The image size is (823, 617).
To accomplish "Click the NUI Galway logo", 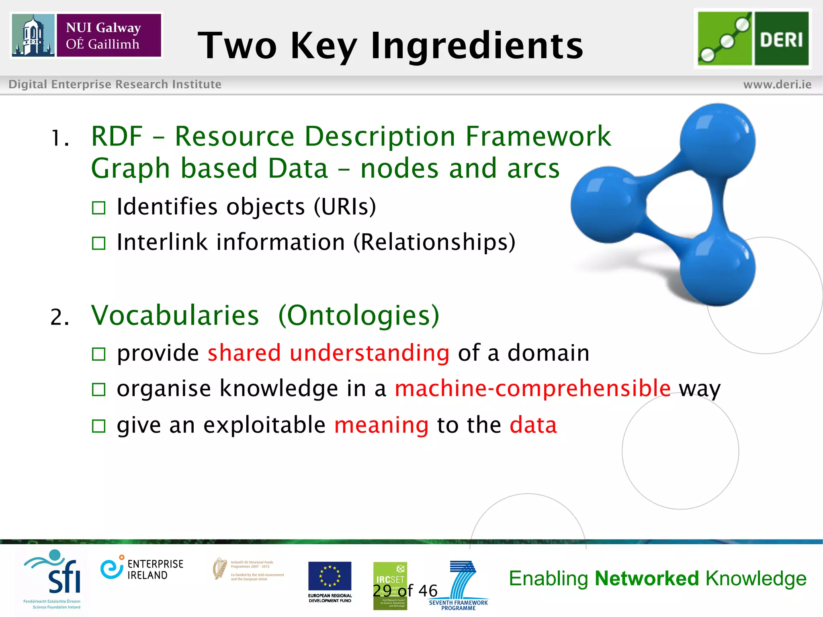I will tap(86, 35).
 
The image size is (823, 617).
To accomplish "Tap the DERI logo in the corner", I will tap(753, 38).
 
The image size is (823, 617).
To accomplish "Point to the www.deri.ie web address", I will tap(777, 84).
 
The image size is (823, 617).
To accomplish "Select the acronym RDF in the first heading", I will tap(117, 136).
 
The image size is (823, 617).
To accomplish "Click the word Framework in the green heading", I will tap(538, 136).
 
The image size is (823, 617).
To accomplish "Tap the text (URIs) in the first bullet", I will tap(345, 206).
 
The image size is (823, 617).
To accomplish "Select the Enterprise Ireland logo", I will tap(142, 569).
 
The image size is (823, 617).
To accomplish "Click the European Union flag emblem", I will tap(330, 576).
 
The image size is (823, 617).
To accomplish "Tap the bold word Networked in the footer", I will tap(647, 579).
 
